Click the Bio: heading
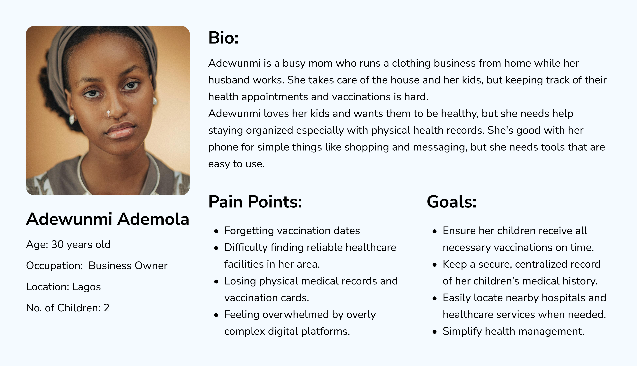(x=223, y=38)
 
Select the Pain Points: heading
(x=255, y=202)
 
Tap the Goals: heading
(x=452, y=202)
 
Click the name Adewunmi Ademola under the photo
(x=108, y=219)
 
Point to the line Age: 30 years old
(x=68, y=245)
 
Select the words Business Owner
(x=128, y=266)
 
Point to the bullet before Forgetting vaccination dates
(x=216, y=231)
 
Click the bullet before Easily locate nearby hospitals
(x=435, y=298)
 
